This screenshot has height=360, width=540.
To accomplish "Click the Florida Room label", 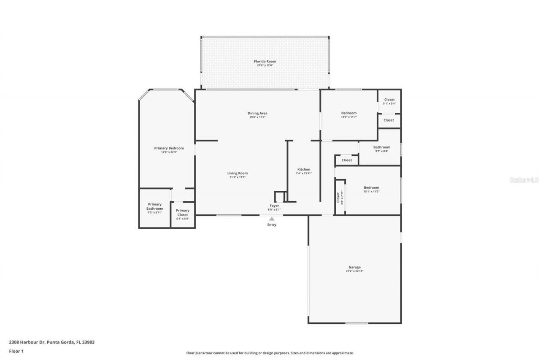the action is [265, 62].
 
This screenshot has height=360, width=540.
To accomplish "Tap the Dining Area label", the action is [257, 113].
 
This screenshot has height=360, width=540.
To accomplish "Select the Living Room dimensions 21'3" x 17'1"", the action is [238, 177].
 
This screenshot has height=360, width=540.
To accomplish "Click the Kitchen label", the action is [303, 169].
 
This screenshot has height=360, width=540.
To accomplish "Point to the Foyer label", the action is [274, 206].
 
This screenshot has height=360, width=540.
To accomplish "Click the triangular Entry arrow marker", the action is [272, 219].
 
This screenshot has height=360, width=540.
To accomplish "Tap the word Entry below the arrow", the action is [272, 225].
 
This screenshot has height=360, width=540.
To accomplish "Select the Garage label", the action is [354, 267].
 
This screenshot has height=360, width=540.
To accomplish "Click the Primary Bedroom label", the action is [169, 148].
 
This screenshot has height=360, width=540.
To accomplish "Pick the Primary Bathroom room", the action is [154, 208].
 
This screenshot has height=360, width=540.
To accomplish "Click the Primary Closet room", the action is [183, 213].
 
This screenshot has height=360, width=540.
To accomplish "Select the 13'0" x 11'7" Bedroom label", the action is [348, 113].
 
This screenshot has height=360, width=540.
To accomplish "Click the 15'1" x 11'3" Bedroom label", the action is [371, 188].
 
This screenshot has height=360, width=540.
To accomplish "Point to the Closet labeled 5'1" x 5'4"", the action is [389, 100].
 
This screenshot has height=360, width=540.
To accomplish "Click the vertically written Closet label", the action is [338, 197].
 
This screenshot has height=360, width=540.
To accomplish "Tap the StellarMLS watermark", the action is [524, 180].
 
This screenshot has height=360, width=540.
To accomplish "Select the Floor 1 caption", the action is [16, 351].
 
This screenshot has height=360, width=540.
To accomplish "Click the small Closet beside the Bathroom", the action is [347, 160].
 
